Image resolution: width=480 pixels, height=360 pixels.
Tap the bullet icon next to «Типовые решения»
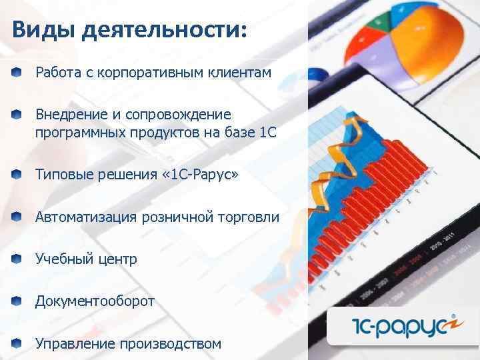16,175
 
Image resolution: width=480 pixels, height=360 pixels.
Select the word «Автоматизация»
85,217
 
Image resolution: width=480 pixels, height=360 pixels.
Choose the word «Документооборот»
95,301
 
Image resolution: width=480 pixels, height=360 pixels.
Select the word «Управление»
75,344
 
